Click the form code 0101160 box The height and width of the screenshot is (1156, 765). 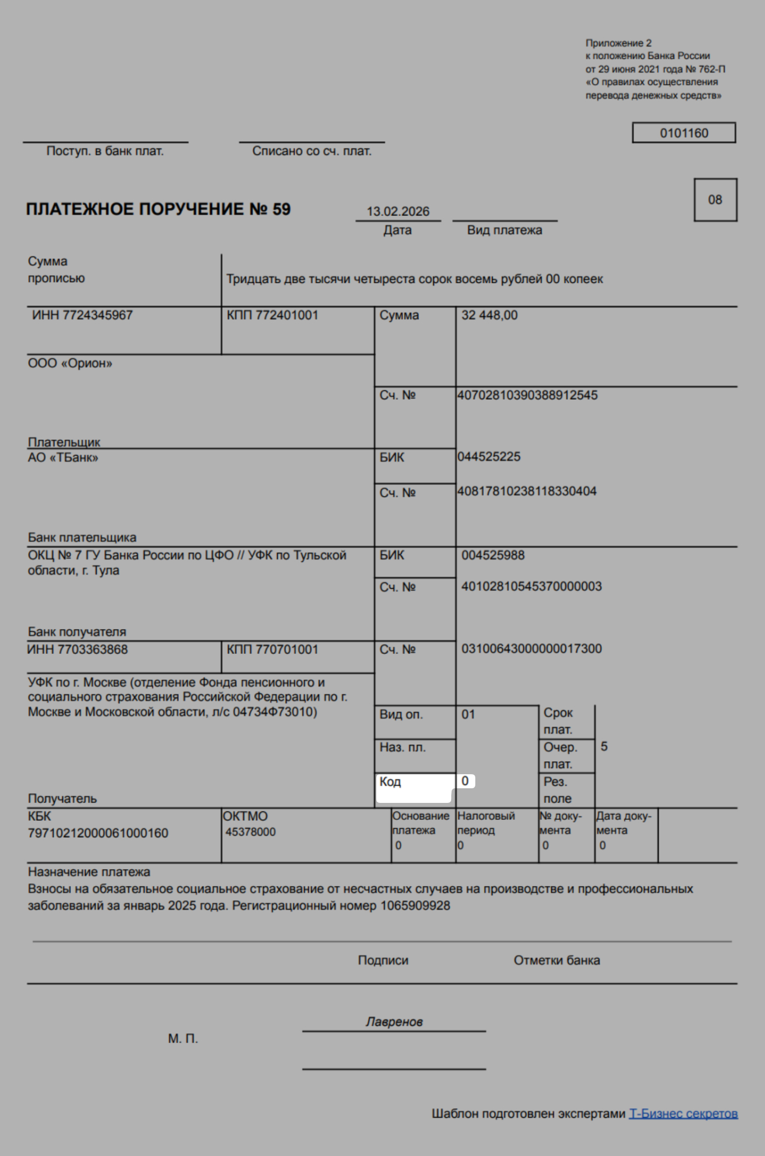[x=683, y=133]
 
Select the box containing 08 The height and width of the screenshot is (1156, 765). [x=715, y=200]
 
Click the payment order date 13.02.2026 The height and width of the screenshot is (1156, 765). [x=398, y=212]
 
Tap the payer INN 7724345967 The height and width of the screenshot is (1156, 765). [x=82, y=315]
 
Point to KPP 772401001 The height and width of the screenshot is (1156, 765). [x=272, y=315]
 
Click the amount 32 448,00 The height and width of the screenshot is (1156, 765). [x=489, y=315]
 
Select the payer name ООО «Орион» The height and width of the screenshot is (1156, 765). [x=70, y=364]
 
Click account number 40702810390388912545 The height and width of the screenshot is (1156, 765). [x=527, y=395]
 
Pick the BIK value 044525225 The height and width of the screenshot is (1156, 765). [x=489, y=457]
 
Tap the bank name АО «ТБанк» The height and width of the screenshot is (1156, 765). [x=63, y=458]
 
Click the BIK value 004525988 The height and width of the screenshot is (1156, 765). [x=493, y=556]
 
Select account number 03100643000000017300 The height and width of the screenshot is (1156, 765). [x=532, y=649]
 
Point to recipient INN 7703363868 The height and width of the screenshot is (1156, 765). [x=78, y=650]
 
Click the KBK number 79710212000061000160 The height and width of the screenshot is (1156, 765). [x=98, y=833]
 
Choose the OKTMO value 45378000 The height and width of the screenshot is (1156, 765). [x=250, y=832]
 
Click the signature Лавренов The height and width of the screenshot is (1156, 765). [x=394, y=1022]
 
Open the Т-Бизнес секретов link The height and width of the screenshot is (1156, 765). [x=683, y=1114]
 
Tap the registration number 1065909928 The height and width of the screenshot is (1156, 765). [x=415, y=906]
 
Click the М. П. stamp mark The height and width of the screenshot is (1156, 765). [x=183, y=1038]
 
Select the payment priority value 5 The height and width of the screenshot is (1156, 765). [x=604, y=747]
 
